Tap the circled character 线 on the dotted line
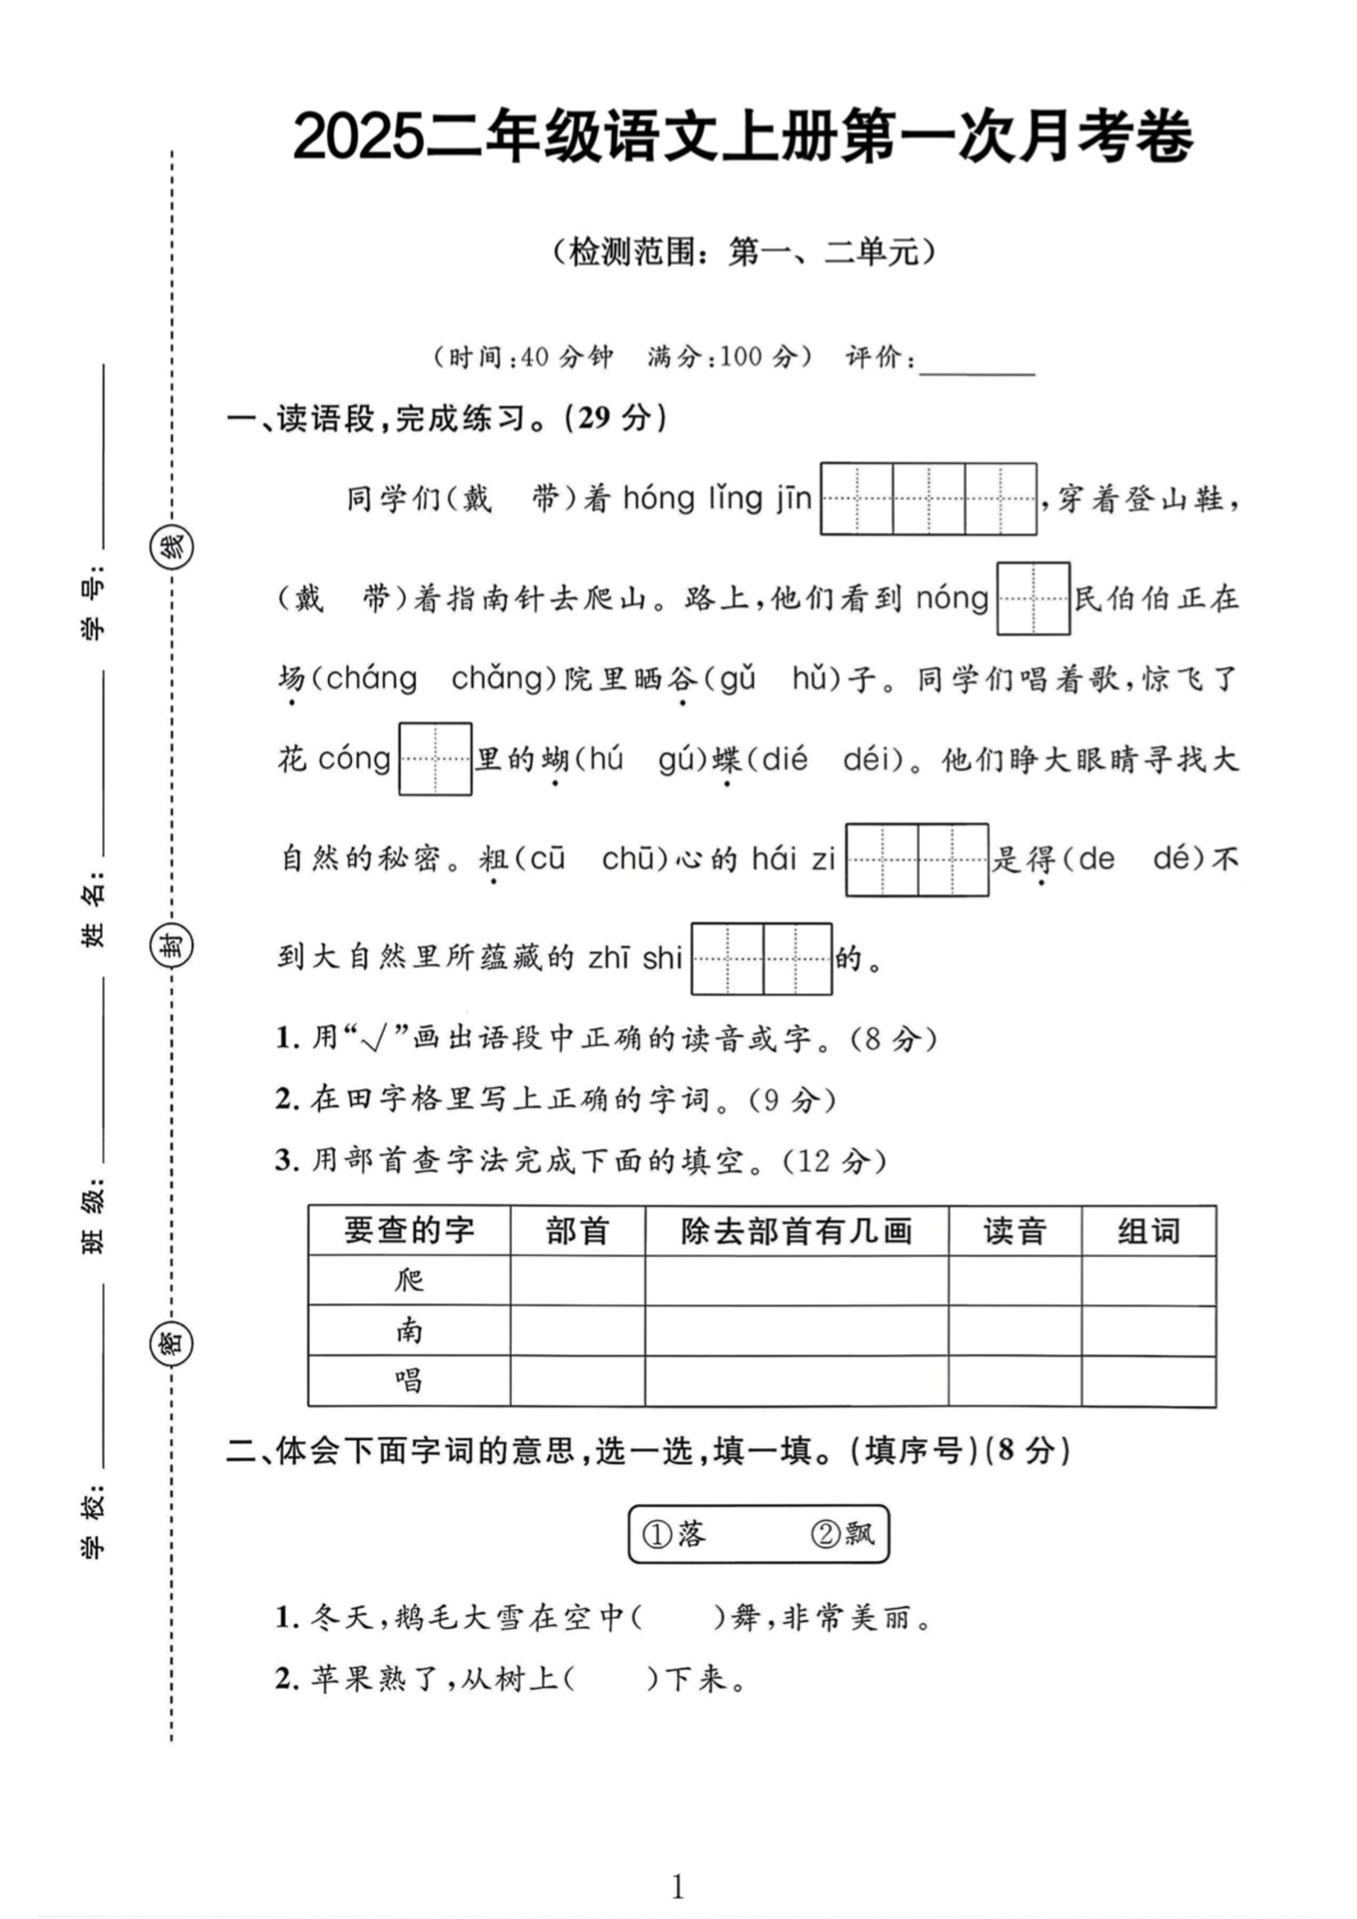(x=171, y=548)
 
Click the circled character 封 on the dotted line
(x=171, y=947)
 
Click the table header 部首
(x=578, y=1231)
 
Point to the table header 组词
(x=1148, y=1231)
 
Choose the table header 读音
(x=1014, y=1231)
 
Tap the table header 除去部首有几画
(x=796, y=1231)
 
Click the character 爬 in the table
(x=409, y=1281)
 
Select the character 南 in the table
(x=409, y=1331)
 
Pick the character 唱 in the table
(x=409, y=1381)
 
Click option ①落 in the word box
(x=675, y=1533)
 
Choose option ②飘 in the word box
(x=843, y=1533)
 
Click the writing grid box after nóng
(x=1033, y=598)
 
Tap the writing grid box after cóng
(x=436, y=759)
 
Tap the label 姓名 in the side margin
(x=94, y=907)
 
